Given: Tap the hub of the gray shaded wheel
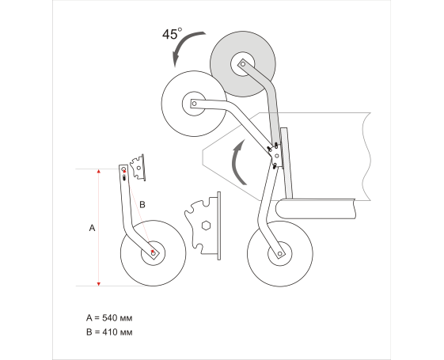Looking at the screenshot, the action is (x=243, y=64).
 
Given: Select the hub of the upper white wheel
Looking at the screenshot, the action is (x=194, y=104).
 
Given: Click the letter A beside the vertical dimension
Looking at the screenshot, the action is (x=92, y=228).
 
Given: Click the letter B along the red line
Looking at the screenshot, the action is (x=142, y=204).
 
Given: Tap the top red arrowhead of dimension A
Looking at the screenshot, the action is (x=99, y=171).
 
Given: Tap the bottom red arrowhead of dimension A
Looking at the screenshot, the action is (x=99, y=284).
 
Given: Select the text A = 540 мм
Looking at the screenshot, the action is (x=109, y=318).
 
